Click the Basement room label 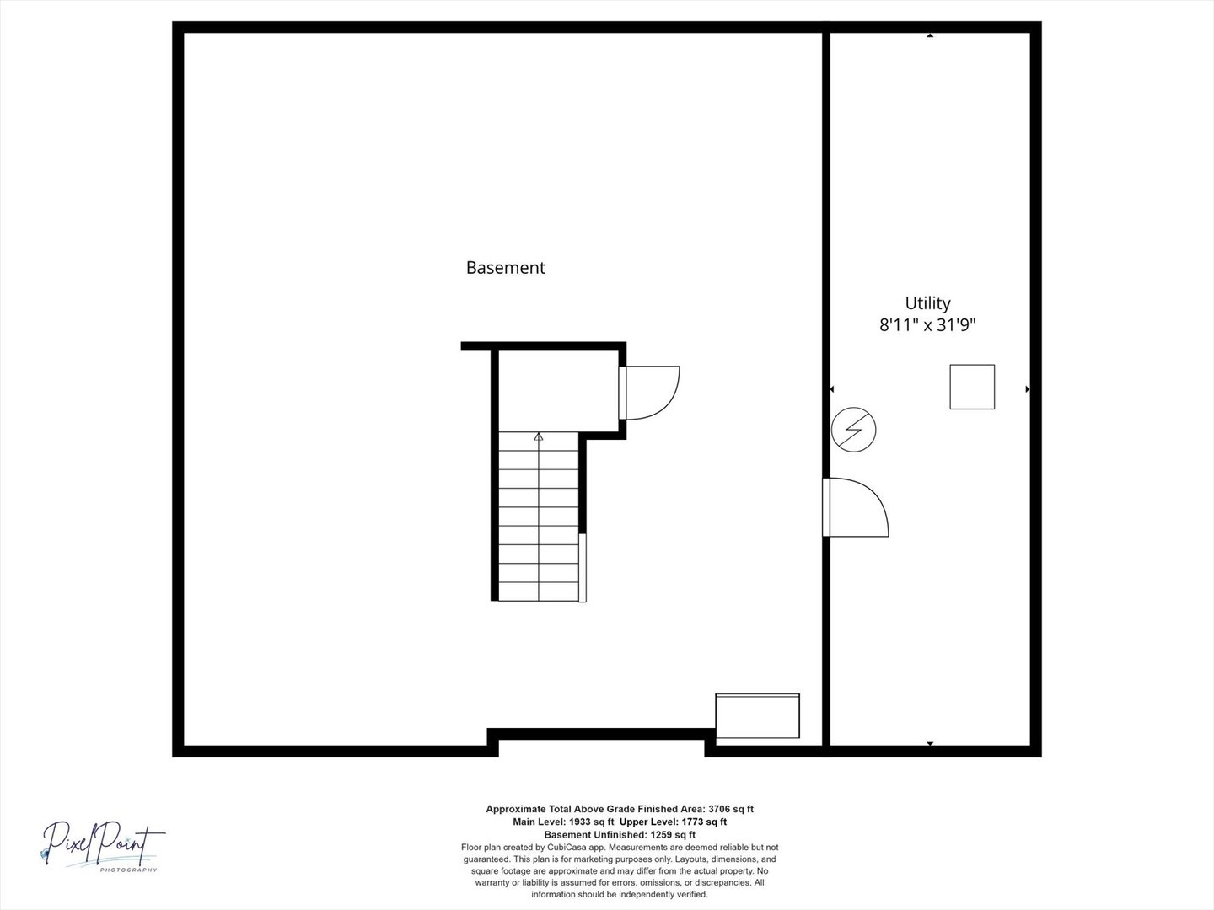tap(506, 267)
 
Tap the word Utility tap(927, 303)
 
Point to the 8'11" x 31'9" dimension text tap(927, 324)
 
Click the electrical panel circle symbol tap(853, 430)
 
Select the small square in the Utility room tap(972, 387)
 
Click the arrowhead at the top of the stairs tap(538, 436)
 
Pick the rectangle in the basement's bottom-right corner tap(757, 715)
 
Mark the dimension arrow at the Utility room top tap(930, 35)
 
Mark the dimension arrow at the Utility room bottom tap(930, 744)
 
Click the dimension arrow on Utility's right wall tap(1028, 389)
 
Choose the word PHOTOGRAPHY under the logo tap(128, 870)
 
